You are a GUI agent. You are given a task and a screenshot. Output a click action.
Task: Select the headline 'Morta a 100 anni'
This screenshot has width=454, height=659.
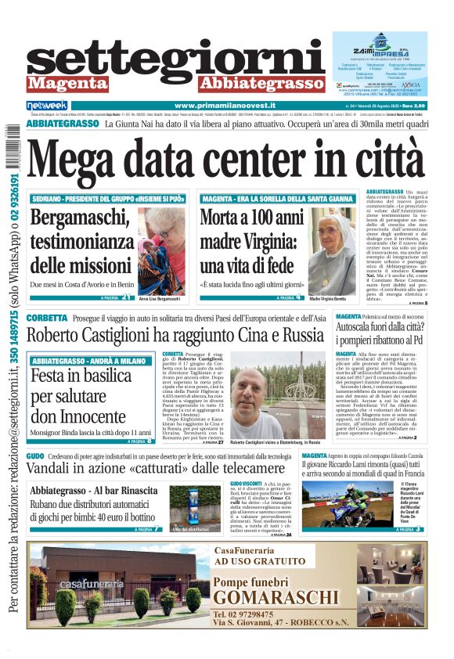251,218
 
